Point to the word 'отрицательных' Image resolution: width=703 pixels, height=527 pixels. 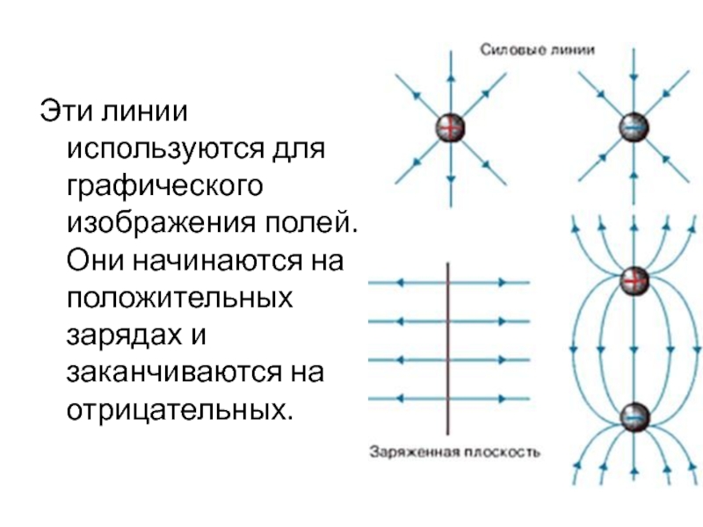[x=177, y=410]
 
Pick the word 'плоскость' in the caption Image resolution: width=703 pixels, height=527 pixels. [x=501, y=454]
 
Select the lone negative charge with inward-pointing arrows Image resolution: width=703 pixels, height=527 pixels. [x=631, y=128]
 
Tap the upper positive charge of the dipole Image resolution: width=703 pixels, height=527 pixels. [x=634, y=281]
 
